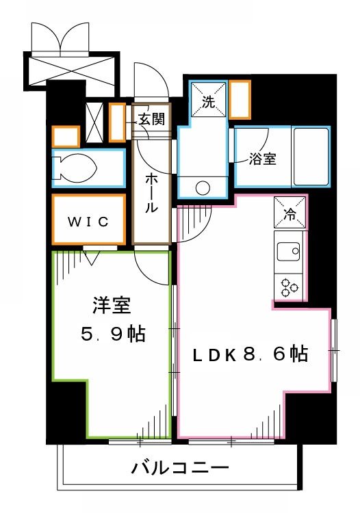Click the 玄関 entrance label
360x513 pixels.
(x=152, y=118)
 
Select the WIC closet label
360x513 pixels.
(x=87, y=222)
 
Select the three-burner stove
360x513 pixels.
(x=289, y=286)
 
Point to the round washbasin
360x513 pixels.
(x=203, y=187)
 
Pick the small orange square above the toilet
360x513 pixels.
(x=66, y=136)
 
